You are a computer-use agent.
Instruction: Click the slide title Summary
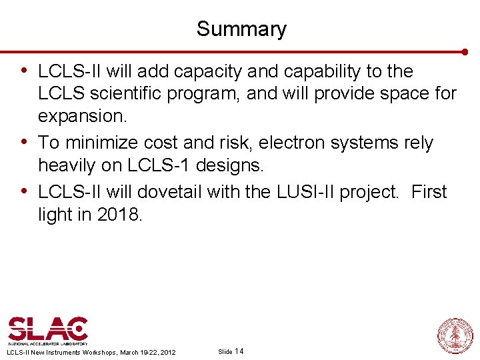click(241, 29)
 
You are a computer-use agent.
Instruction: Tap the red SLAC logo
click(47, 330)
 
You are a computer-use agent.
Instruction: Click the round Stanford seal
click(455, 335)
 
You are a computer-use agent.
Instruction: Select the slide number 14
click(239, 351)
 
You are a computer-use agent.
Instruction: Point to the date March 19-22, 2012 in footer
click(148, 352)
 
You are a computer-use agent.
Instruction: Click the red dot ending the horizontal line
click(465, 51)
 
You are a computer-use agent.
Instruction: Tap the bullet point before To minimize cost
click(24, 142)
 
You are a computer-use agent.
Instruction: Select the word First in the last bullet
click(429, 192)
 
